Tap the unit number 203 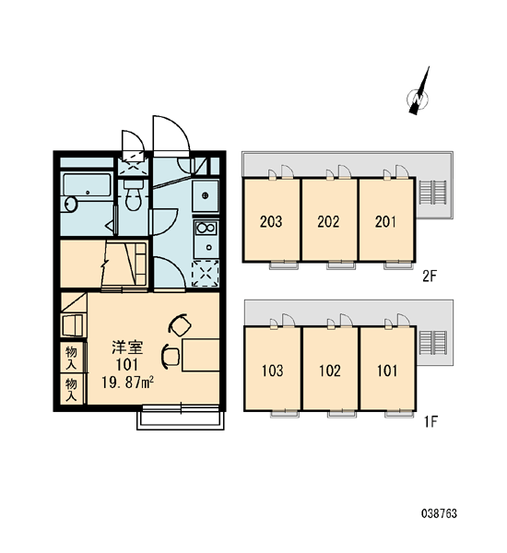(x=271, y=221)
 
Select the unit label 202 (x=328, y=221)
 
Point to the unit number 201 (x=385, y=221)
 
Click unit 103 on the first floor (x=272, y=371)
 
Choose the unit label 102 (x=330, y=371)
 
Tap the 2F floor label (x=430, y=276)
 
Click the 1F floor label (x=430, y=421)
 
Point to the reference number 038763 (x=439, y=513)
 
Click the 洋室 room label (x=127, y=347)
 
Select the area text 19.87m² (x=127, y=382)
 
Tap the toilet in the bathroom (x=133, y=195)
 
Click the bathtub (x=88, y=185)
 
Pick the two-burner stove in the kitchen (x=206, y=228)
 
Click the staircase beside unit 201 (x=432, y=193)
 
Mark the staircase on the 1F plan (x=433, y=343)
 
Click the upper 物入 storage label (x=71, y=358)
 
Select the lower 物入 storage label (x=71, y=390)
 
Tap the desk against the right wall (x=200, y=355)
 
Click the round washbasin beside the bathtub (x=70, y=205)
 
